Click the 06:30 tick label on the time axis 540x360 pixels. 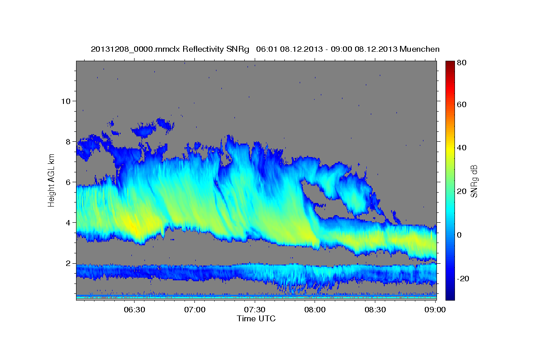pyautogui.click(x=134, y=310)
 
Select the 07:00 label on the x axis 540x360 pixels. pyautogui.click(x=194, y=310)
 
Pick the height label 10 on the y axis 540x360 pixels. pyautogui.click(x=65, y=101)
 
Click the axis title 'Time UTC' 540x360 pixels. pyautogui.click(x=256, y=319)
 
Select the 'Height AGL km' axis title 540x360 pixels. pyautogui.click(x=51, y=180)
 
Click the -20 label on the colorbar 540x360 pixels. pyautogui.click(x=463, y=279)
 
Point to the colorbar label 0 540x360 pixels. pyautogui.click(x=459, y=235)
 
